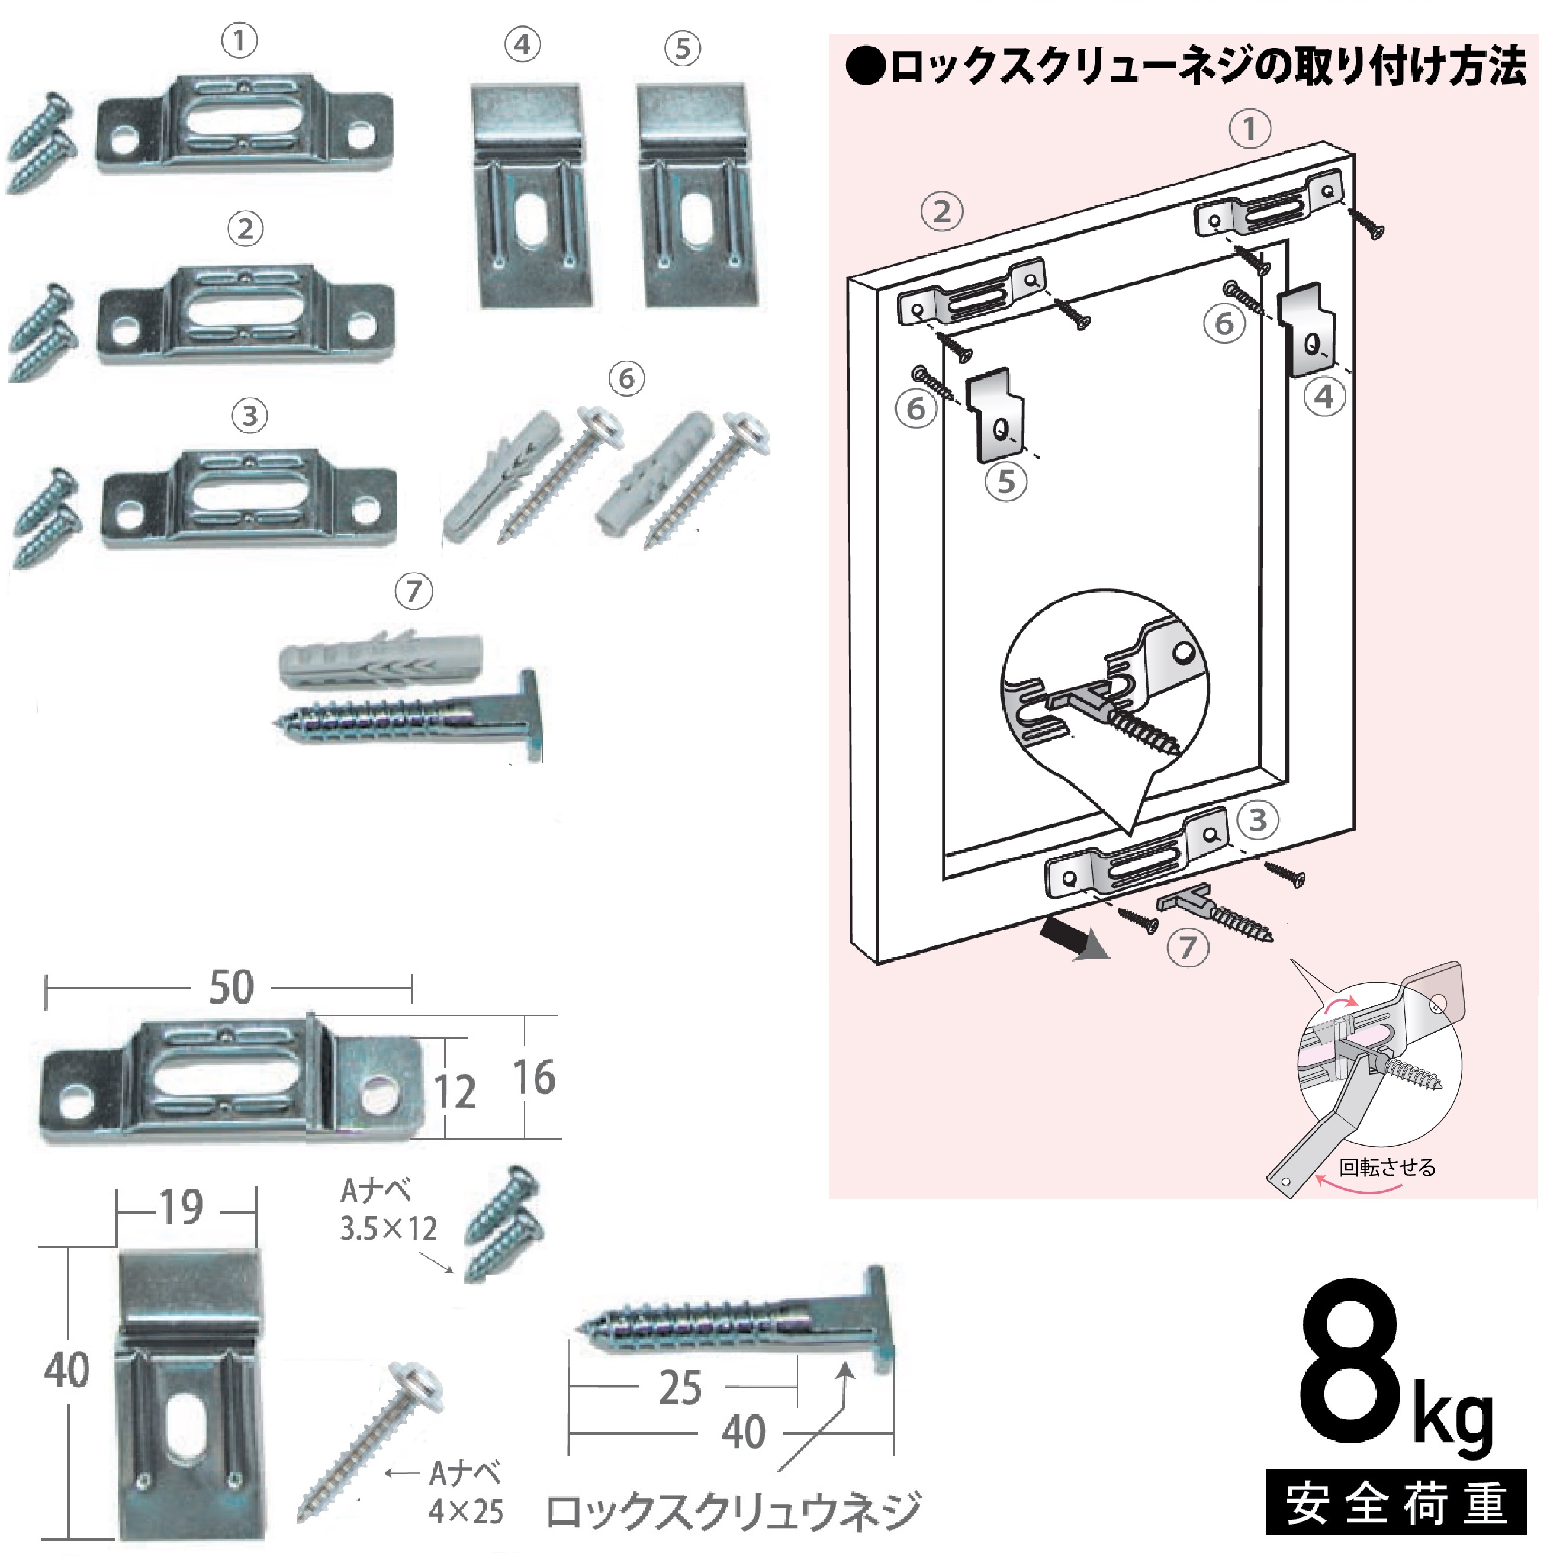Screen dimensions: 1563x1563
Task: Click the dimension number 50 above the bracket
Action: (231, 988)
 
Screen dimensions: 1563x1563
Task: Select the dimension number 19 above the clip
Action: (181, 1208)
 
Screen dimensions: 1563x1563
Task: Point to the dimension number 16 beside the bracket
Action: (534, 1078)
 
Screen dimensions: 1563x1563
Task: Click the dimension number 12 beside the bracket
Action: (455, 1092)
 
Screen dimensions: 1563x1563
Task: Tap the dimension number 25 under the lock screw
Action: (680, 1388)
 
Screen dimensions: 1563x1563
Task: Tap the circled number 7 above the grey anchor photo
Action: (413, 591)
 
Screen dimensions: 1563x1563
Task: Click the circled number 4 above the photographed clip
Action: (523, 46)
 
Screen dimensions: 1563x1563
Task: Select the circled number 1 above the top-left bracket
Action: (239, 40)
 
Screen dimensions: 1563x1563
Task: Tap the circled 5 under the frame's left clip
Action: (1006, 482)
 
